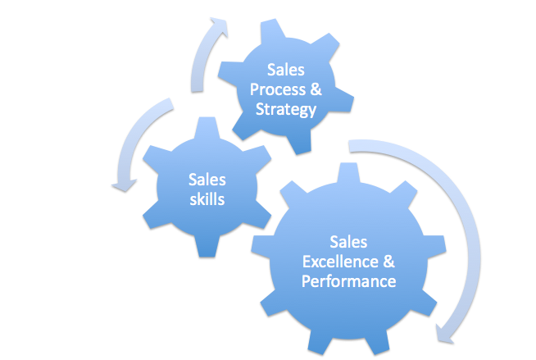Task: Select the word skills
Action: click(207, 198)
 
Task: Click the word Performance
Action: click(349, 281)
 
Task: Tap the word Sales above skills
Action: click(207, 180)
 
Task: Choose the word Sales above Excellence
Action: click(348, 243)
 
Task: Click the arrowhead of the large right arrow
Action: click(447, 331)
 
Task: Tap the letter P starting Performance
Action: click(307, 281)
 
